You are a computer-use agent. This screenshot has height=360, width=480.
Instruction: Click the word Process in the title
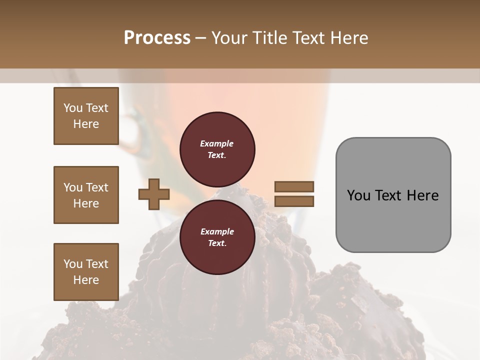coord(157,38)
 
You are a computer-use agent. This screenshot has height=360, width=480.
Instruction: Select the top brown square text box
coord(86,116)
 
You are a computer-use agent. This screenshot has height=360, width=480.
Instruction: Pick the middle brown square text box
coord(86,195)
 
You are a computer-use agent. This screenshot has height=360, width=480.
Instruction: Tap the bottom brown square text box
coord(86,272)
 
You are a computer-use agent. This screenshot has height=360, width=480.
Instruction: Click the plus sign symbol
coord(153,195)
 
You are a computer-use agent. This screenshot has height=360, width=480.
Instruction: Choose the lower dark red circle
coord(217,237)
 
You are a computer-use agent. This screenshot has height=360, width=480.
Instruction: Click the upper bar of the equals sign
coord(294,187)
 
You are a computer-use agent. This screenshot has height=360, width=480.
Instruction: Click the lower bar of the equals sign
coord(294,201)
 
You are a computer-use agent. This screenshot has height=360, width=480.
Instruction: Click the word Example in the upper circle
coord(217,143)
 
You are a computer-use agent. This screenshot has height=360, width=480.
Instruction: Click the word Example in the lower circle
coord(217,231)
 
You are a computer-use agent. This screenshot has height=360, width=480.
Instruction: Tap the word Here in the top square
coord(86,124)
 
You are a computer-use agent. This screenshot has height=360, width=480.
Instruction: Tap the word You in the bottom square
coord(73,264)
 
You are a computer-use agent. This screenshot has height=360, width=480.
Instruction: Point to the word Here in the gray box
coord(422,195)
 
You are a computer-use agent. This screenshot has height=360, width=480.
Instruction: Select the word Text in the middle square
coord(97,187)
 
